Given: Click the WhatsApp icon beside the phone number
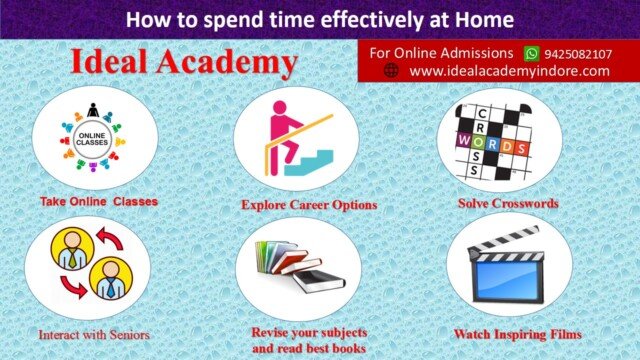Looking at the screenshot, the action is click(531, 53).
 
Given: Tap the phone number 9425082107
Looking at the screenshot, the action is click(578, 54).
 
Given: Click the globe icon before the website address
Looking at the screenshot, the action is click(391, 70).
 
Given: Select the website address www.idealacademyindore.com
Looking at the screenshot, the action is click(509, 71).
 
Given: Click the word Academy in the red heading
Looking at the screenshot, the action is click(227, 62).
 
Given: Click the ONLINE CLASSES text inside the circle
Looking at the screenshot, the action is click(92, 139).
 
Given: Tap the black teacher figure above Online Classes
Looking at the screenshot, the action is click(93, 110).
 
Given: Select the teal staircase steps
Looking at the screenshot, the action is click(309, 163).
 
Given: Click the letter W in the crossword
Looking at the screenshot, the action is click(464, 140).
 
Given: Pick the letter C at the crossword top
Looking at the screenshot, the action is click(482, 113).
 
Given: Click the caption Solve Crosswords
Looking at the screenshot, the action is click(508, 203).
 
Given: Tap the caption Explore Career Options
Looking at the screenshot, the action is click(309, 204).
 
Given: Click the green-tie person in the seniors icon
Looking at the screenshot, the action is click(72, 249).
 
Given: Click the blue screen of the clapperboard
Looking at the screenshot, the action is click(507, 280).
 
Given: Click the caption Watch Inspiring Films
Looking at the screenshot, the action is click(518, 334).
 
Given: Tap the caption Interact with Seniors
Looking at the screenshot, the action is click(94, 335).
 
